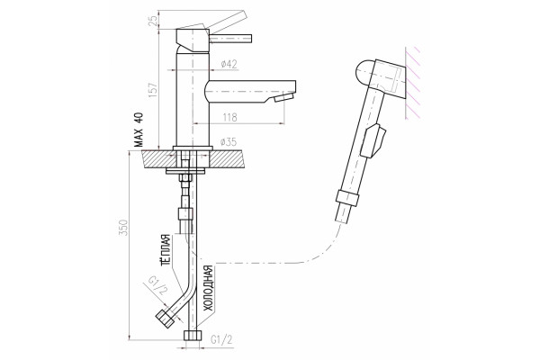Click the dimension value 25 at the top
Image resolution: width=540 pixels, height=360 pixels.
[x=154, y=20]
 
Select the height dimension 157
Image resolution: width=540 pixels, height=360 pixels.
[x=153, y=90]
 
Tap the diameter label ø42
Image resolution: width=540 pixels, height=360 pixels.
[x=229, y=64]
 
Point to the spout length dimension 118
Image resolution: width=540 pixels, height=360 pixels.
[x=230, y=118]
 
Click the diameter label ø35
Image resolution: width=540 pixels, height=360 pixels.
[x=229, y=141]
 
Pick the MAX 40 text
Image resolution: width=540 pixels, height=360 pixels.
[x=139, y=130]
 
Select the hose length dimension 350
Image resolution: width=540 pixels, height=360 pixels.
[x=123, y=228]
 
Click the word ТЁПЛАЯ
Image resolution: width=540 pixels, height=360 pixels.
[x=166, y=250]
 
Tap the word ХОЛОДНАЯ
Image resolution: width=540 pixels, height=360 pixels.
[x=209, y=288]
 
